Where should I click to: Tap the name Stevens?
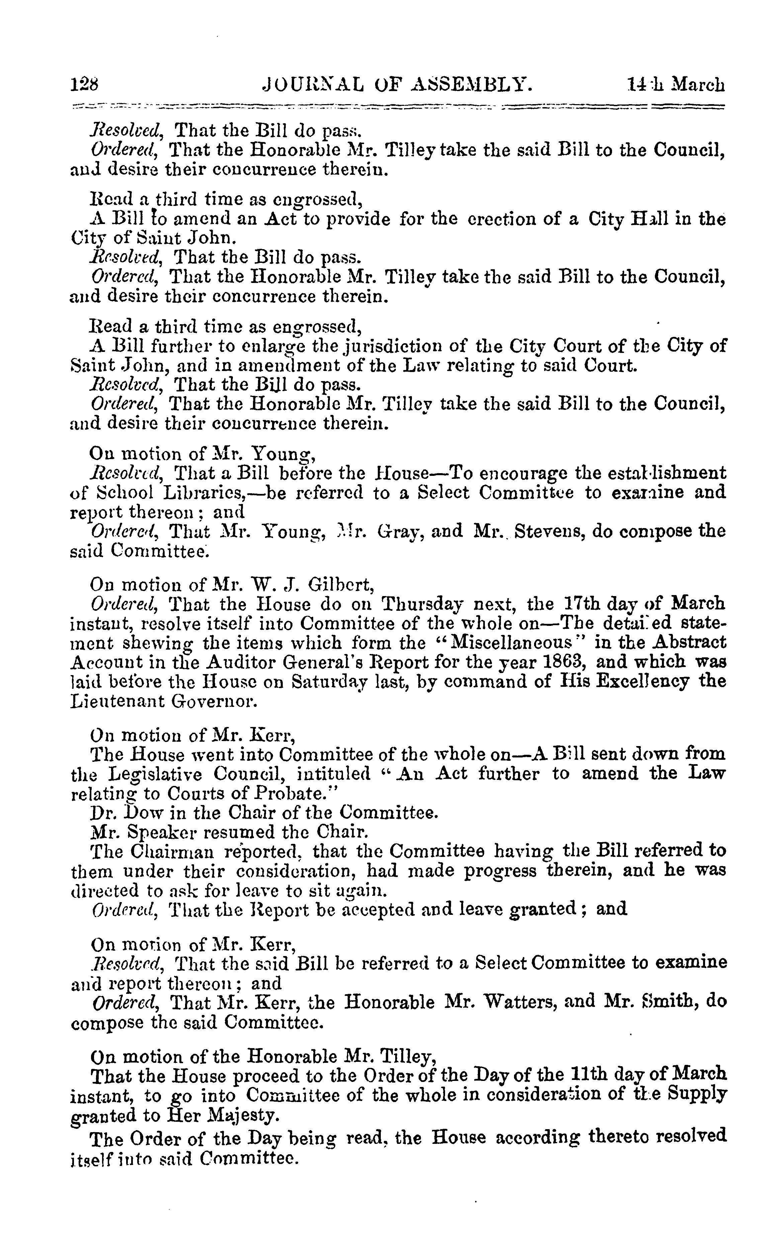(x=549, y=531)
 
